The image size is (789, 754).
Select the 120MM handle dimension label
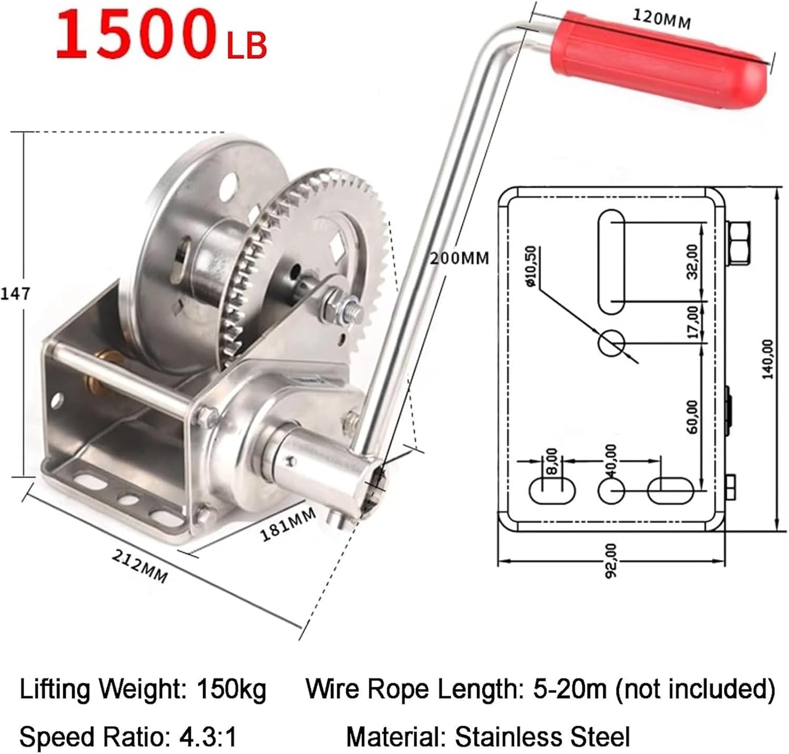point(661,19)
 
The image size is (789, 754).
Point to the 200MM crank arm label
point(459,258)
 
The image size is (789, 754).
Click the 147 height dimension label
point(15,293)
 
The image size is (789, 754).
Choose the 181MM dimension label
point(288,524)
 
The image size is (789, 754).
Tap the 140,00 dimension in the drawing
point(768,359)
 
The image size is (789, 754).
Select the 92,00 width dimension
point(611,561)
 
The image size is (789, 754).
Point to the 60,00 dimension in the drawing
point(692,416)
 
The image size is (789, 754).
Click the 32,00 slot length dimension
point(692,261)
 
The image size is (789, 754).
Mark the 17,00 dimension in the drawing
point(693,322)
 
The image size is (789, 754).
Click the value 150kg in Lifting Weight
point(231,689)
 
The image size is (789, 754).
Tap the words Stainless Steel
point(542,737)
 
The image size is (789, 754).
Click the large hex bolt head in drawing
point(739,242)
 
